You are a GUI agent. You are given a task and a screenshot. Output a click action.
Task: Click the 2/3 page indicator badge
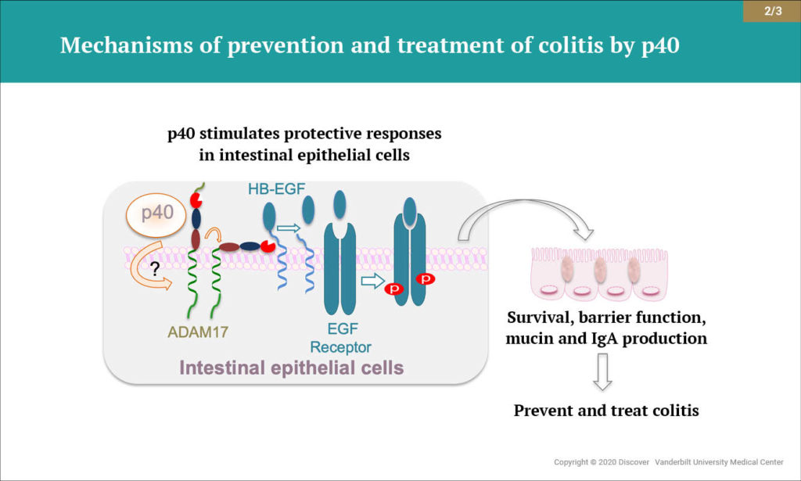pos(771,10)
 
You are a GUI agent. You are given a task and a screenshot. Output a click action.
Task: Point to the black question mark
pos(156,270)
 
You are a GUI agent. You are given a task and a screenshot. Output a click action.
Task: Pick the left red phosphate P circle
pos(395,289)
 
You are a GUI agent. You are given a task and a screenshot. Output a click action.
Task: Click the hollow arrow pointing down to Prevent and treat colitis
pos(602,372)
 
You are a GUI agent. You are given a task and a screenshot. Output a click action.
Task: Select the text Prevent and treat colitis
pos(607,410)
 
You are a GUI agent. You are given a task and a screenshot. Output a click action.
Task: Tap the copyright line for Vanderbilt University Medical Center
pos(669,462)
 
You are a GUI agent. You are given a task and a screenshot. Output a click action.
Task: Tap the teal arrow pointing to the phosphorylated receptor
pos(373,279)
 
